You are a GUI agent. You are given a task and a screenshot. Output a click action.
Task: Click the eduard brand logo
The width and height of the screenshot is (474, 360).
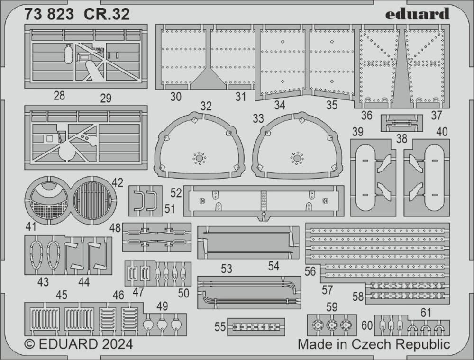coord(417,14)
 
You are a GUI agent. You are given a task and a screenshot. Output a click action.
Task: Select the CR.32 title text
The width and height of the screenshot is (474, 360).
coord(107,15)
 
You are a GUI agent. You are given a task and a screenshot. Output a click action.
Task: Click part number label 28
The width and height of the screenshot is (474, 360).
coord(59,96)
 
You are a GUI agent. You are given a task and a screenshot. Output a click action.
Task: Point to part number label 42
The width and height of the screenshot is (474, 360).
coord(118,183)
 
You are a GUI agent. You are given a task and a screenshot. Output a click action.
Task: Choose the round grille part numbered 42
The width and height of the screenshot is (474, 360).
coord(93,200)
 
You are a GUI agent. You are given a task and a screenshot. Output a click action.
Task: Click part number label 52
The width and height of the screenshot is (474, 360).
coord(176,193)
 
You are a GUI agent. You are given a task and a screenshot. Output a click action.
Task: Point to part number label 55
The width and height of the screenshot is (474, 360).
coord(220,326)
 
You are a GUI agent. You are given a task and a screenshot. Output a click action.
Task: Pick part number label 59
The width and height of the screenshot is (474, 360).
coord(332,307)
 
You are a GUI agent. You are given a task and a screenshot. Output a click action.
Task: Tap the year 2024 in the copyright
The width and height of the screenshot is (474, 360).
coord(116,343)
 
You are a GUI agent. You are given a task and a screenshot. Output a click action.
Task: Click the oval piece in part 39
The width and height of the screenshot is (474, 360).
coord(364,177)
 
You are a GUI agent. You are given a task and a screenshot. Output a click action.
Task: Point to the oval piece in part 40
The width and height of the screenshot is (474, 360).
coord(434,177)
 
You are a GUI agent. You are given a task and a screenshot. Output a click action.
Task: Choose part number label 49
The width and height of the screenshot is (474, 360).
coord(162,306)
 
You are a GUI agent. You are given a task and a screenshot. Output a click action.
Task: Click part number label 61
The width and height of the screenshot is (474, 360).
coord(426,312)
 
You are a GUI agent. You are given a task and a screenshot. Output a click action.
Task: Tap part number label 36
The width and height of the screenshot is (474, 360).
coord(366,115)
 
